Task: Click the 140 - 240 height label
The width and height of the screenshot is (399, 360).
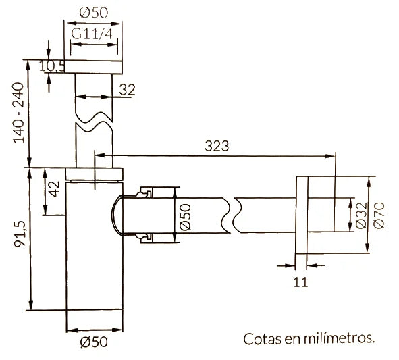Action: (x=18, y=113)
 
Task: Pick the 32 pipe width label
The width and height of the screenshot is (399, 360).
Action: (x=127, y=88)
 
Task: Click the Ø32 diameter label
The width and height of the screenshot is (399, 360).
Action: (x=361, y=215)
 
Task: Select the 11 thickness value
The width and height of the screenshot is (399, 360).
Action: (x=301, y=282)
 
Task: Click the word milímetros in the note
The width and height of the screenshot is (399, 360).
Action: (x=338, y=337)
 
